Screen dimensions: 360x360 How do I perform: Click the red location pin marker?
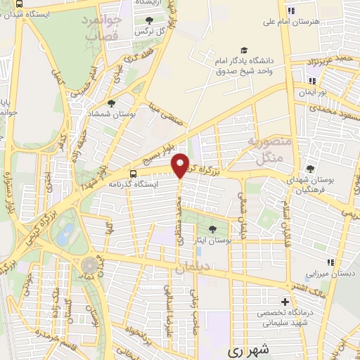[x=181, y=165]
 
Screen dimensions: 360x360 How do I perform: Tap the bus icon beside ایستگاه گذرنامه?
[x=134, y=174]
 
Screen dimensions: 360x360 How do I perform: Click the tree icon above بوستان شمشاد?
[x=111, y=103]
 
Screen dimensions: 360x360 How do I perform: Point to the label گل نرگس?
[x=149, y=32]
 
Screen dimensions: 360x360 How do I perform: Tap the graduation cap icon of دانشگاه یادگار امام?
[x=243, y=50]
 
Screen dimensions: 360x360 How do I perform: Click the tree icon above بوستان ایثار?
[x=213, y=229]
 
